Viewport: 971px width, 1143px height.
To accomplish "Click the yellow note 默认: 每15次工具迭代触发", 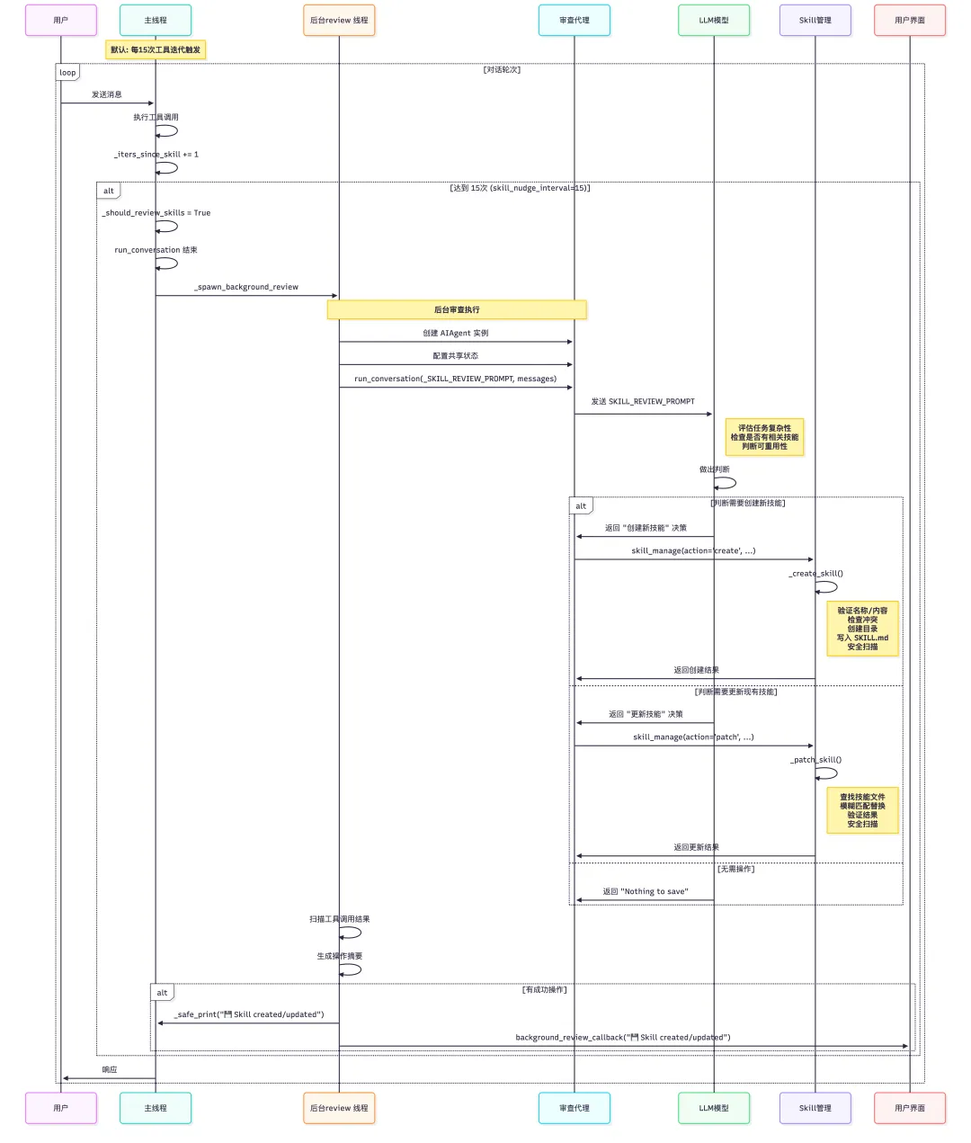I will (x=156, y=50).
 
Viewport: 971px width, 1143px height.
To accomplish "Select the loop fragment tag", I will (x=67, y=73).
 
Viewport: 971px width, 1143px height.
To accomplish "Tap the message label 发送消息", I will (x=106, y=94).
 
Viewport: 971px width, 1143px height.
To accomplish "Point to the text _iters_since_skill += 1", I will (x=156, y=155).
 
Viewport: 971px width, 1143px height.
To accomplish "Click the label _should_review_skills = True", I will (x=156, y=213).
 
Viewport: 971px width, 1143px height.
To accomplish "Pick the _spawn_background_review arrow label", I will (x=246, y=287).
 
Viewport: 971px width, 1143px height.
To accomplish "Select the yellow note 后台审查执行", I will (x=457, y=310).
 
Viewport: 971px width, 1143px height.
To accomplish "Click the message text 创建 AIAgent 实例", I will (x=456, y=334).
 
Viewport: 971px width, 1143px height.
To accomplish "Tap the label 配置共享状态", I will (x=456, y=356).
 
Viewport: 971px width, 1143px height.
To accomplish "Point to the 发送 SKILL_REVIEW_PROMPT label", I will (x=643, y=402).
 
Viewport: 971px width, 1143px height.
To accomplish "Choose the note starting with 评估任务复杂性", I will (x=764, y=437).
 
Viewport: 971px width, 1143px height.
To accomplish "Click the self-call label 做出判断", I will (x=715, y=469).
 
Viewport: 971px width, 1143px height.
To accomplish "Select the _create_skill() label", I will (x=816, y=574).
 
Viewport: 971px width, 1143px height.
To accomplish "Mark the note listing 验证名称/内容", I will (x=862, y=629).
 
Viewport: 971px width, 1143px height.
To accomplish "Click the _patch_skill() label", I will (x=816, y=760).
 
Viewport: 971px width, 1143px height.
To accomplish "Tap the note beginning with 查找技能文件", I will (x=862, y=810).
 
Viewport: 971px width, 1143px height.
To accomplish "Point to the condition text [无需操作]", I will (x=735, y=870).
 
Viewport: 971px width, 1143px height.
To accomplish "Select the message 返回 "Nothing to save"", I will (x=646, y=892).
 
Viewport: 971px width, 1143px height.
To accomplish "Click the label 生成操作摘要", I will (x=340, y=956).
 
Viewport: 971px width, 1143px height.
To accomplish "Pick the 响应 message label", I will (x=110, y=1070).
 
